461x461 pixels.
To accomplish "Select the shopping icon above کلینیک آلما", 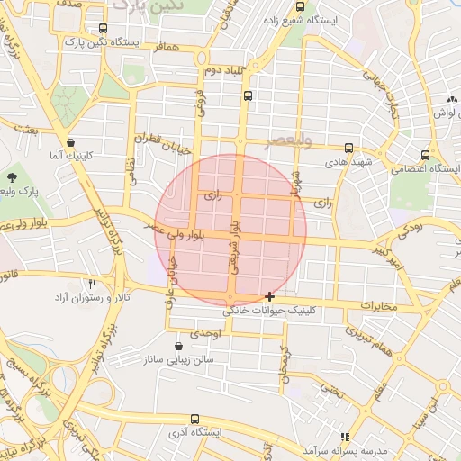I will (70, 142).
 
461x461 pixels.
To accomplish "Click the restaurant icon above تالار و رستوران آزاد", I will (105, 285).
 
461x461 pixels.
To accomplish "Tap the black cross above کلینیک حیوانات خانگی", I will (270, 296).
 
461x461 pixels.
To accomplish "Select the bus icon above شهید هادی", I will (348, 148).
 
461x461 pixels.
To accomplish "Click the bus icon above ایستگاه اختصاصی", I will (426, 155).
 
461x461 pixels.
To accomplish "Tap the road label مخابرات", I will (378, 306).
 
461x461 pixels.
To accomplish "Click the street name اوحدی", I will (205, 333).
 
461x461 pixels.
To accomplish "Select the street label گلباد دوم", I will (224, 70).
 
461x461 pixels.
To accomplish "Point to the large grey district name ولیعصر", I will (288, 140).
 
